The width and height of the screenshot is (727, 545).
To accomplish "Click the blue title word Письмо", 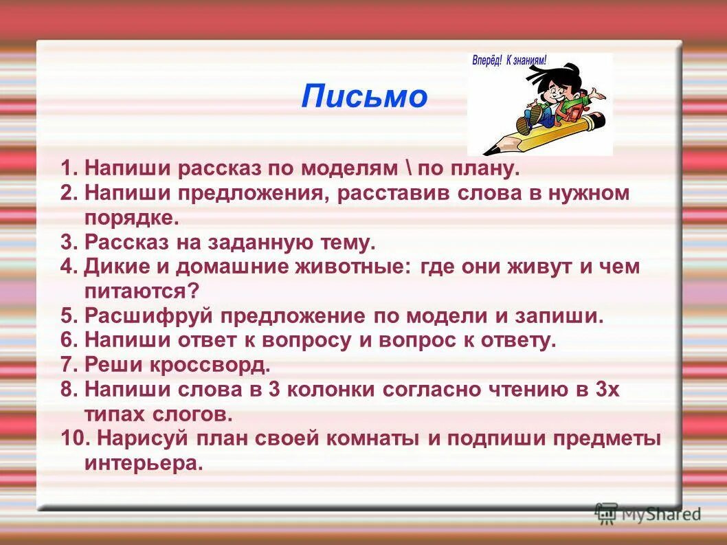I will [x=364, y=97].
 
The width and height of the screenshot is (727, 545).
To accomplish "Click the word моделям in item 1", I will [x=352, y=168].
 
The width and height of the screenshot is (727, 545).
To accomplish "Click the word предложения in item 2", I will [x=251, y=193].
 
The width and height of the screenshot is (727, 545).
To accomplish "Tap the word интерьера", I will [x=144, y=463].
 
